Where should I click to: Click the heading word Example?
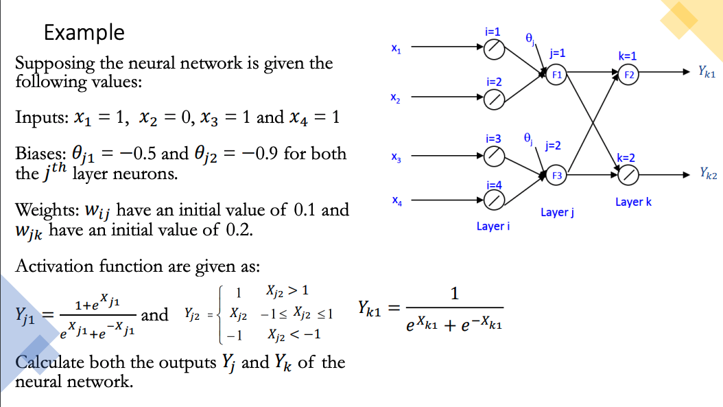tap(84, 32)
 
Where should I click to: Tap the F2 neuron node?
tap(628, 74)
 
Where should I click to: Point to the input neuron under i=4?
tap(494, 200)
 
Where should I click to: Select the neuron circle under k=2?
tap(628, 176)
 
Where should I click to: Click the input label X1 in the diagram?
tap(396, 49)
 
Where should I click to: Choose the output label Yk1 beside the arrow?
tap(707, 71)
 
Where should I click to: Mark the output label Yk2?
tap(708, 174)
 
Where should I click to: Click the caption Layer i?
tap(493, 226)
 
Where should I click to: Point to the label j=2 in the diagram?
tap(553, 146)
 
